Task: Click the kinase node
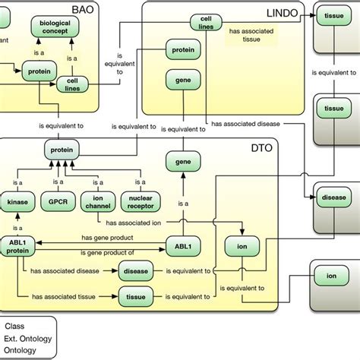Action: click(17, 203)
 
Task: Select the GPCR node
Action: click(58, 203)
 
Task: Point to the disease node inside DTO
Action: click(136, 270)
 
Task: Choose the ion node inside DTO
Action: click(241, 247)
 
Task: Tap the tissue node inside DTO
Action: click(136, 296)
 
